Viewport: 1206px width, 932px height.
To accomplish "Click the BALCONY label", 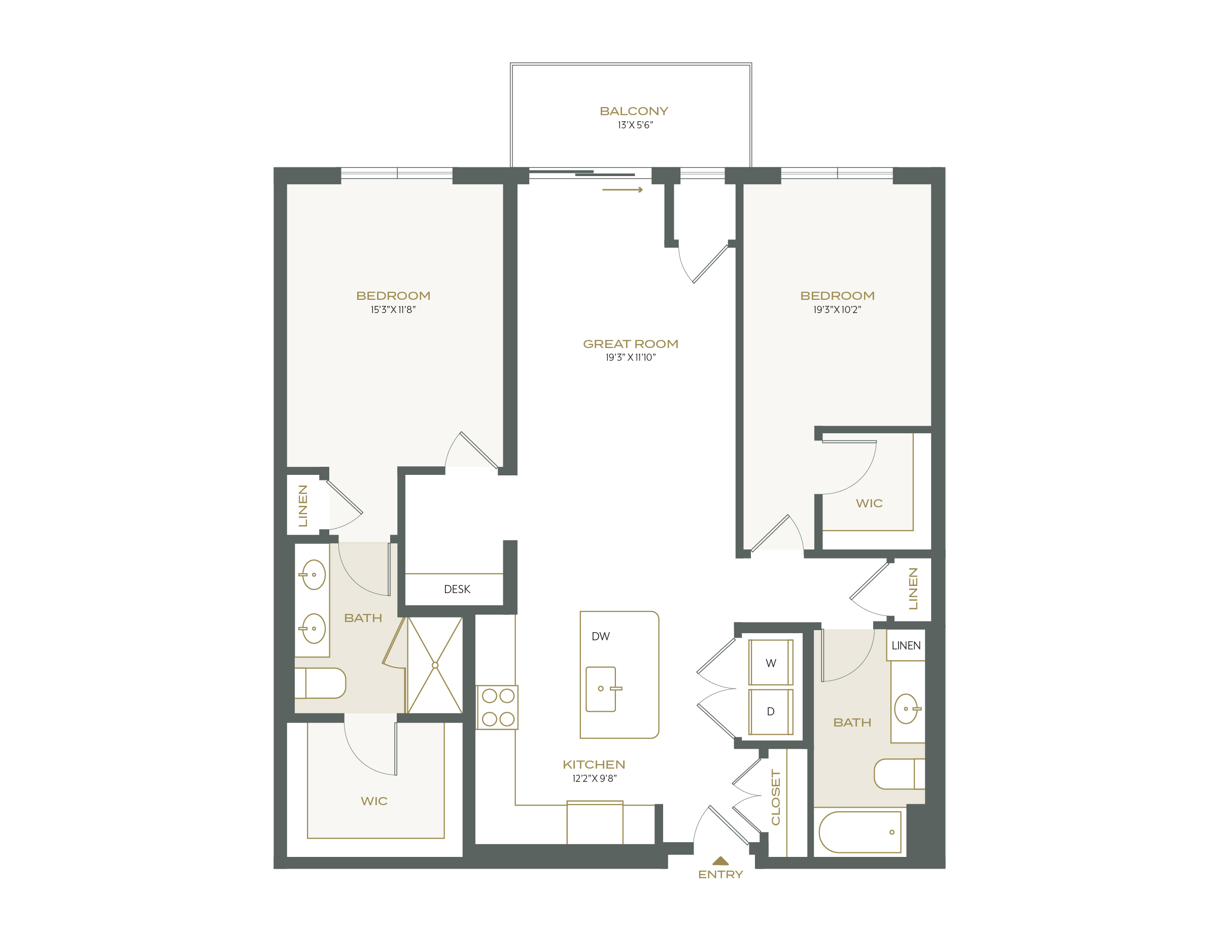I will coord(633,112).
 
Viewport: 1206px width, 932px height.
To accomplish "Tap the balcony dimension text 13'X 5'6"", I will coord(635,125).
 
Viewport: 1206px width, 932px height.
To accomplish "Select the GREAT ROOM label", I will coord(630,344).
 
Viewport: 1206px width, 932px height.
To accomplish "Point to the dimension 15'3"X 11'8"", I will coord(393,310).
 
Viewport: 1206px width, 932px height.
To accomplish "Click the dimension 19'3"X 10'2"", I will coord(837,310).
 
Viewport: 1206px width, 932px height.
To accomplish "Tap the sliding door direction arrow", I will coord(623,190).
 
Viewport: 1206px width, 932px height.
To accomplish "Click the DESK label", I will coord(457,589).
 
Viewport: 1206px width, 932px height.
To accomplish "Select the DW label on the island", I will coord(600,637).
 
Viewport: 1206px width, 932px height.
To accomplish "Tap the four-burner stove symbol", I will coord(498,707).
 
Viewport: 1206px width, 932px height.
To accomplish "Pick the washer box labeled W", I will coord(770,663).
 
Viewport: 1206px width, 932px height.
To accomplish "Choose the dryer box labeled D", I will coord(770,712).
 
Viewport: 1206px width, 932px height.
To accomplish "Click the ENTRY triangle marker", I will coord(720,861).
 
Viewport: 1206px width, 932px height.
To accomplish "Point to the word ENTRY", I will coord(720,875).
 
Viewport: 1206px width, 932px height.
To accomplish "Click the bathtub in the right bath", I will coord(860,832).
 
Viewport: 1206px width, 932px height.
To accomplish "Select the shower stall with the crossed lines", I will coord(435,665).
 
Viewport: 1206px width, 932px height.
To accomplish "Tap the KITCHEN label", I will coord(594,765).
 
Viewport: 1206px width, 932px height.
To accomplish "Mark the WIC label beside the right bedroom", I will coord(869,504).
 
